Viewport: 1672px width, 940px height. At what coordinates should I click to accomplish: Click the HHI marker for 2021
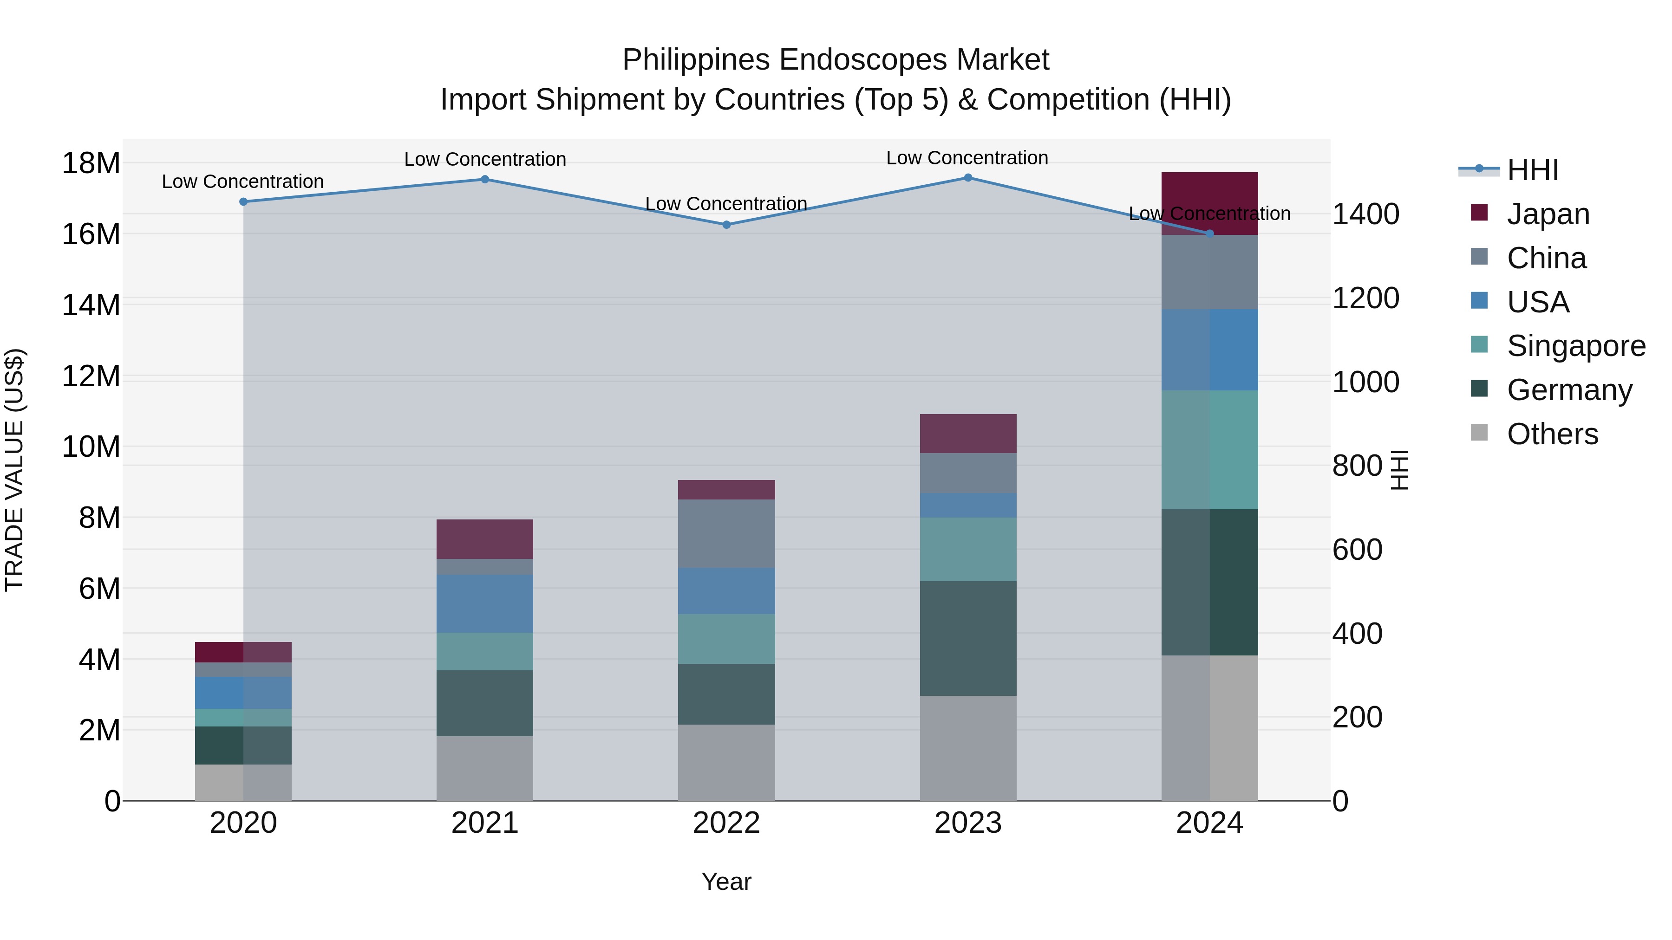pyautogui.click(x=485, y=180)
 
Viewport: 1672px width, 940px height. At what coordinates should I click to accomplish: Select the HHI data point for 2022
pyautogui.click(x=726, y=225)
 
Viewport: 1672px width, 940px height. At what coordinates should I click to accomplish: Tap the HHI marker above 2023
pyautogui.click(x=968, y=178)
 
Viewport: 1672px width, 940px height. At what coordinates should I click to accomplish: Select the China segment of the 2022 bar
pyautogui.click(x=726, y=533)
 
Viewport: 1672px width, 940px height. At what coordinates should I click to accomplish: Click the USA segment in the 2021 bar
pyautogui.click(x=485, y=603)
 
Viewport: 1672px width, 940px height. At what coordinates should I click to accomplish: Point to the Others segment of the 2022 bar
pyautogui.click(x=726, y=762)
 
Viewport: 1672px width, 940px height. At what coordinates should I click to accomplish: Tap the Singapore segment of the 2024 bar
pyautogui.click(x=1209, y=449)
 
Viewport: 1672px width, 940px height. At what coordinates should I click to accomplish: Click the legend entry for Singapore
pyautogui.click(x=1575, y=346)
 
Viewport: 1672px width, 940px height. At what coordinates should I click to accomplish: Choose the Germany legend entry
pyautogui.click(x=1569, y=390)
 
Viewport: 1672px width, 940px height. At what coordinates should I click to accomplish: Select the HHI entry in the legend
pyautogui.click(x=1532, y=170)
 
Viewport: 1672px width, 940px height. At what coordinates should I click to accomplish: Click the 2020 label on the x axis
pyautogui.click(x=243, y=823)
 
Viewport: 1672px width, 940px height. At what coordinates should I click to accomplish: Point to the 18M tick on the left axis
pyautogui.click(x=91, y=163)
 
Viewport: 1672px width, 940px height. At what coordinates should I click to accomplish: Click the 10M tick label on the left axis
pyautogui.click(x=91, y=447)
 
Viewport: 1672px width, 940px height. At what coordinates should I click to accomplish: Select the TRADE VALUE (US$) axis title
pyautogui.click(x=14, y=470)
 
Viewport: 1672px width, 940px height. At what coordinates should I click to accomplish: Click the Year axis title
pyautogui.click(x=726, y=882)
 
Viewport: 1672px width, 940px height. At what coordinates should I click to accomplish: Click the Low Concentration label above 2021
pyautogui.click(x=485, y=159)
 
